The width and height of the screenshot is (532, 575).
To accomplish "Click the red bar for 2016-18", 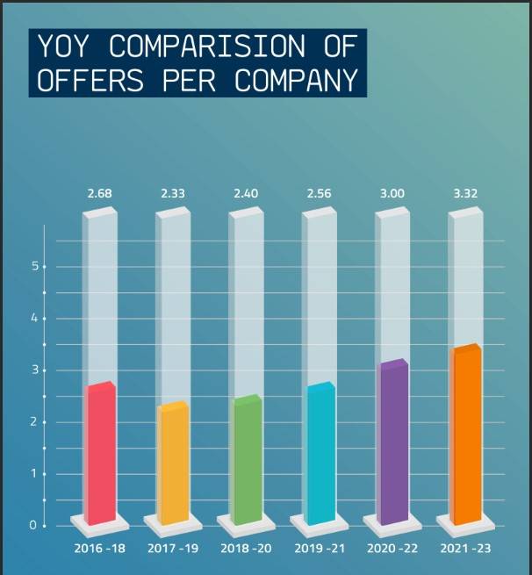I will (100, 452).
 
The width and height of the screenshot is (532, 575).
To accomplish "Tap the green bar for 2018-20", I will (247, 460).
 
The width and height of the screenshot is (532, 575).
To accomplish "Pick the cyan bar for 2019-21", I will (320, 453).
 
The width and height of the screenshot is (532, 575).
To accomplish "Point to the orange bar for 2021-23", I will (466, 435).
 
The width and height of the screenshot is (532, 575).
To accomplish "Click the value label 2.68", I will (100, 192).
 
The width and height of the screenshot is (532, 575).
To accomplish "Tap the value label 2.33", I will (173, 192).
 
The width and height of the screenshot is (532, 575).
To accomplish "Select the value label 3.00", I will (393, 192).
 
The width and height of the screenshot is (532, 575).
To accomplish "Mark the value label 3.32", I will (466, 192).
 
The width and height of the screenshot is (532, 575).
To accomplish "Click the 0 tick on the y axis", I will (34, 526).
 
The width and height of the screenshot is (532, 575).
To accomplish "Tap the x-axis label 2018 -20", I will (247, 549).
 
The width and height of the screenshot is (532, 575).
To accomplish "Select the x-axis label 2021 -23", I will (466, 549).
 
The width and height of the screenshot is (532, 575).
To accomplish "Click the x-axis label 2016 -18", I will (100, 549).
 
